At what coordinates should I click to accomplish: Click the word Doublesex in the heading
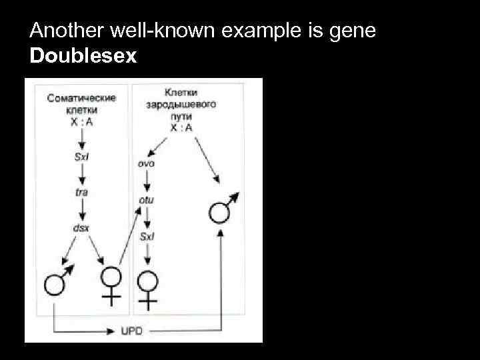[x=83, y=55]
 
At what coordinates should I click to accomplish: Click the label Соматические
[x=81, y=98]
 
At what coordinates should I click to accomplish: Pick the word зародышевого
[x=181, y=105]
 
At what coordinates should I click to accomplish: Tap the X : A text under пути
[x=181, y=127]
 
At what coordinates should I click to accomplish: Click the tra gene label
[x=81, y=193]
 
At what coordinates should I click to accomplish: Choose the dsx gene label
[x=81, y=228]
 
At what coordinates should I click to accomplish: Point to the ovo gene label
[x=147, y=164]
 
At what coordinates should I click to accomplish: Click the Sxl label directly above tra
[x=81, y=157]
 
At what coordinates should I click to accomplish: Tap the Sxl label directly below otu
[x=147, y=236]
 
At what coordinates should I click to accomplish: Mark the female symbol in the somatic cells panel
[x=111, y=285]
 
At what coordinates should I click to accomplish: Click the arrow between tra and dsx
[x=81, y=210]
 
